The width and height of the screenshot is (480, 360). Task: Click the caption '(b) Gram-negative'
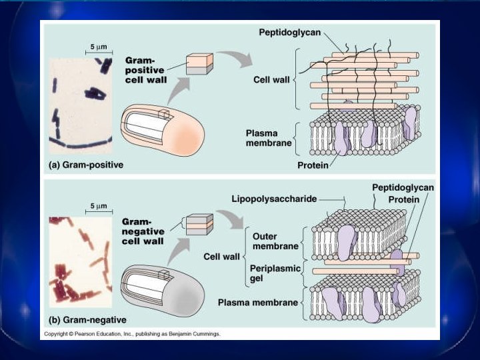click(87, 320)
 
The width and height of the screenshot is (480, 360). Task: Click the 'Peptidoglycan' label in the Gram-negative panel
click(402, 187)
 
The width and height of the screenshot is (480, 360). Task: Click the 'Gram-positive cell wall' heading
click(146, 69)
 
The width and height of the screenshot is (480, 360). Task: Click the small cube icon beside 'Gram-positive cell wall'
click(199, 63)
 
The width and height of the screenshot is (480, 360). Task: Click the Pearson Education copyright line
click(131, 333)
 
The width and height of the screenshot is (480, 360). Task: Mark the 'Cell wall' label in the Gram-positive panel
click(271, 79)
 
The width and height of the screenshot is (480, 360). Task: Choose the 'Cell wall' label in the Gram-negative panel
click(222, 256)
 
